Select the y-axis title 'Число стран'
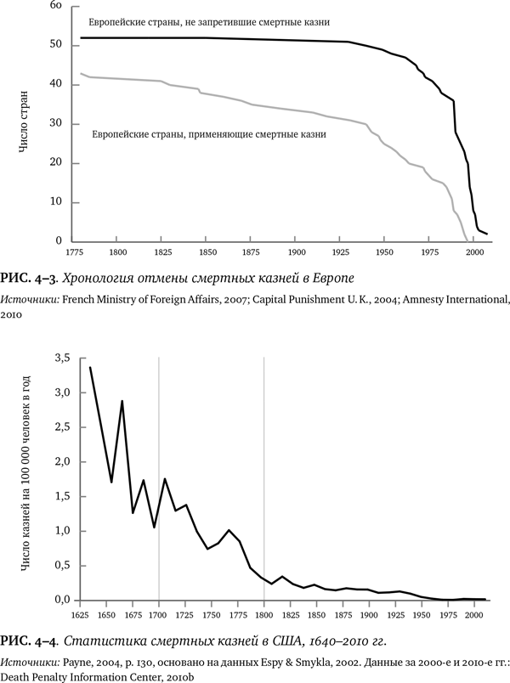click(x=29, y=124)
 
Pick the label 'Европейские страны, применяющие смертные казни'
click(x=208, y=133)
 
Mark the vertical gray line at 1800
click(x=263, y=476)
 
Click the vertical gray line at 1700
click(x=158, y=476)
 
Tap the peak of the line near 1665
click(x=122, y=401)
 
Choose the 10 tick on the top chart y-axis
click(x=58, y=202)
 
